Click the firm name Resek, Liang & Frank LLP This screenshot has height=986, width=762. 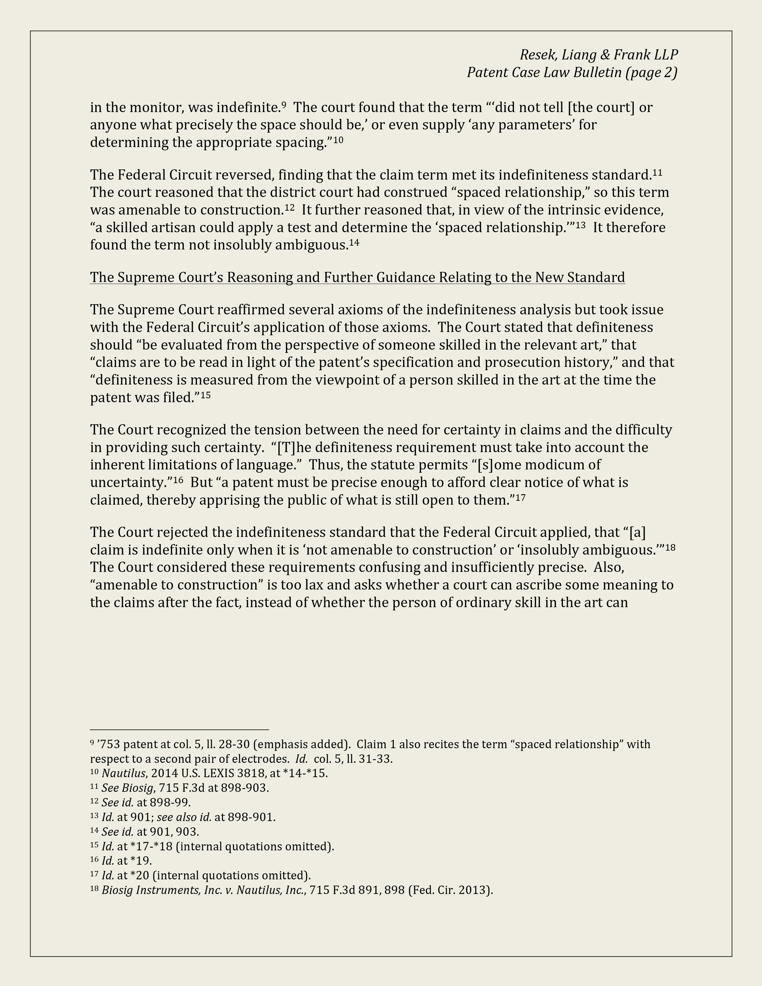599,55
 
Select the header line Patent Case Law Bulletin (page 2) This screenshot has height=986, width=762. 572,72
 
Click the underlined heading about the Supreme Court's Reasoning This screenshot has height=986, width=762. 357,277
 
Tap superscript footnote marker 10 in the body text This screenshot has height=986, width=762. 338,140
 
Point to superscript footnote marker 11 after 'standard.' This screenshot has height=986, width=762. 657,172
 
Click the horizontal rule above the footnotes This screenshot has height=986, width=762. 179,729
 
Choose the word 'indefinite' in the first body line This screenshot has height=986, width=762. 247,108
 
